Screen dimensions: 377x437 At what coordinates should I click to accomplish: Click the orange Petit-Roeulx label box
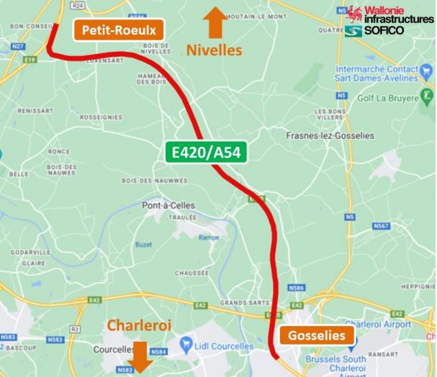click(x=120, y=30)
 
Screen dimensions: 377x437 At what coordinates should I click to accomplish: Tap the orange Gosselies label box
click(x=317, y=336)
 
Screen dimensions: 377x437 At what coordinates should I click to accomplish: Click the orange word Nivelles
click(x=215, y=50)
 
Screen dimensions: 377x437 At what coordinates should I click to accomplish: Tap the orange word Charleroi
click(x=140, y=326)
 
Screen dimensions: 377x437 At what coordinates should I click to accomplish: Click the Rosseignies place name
click(x=100, y=117)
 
